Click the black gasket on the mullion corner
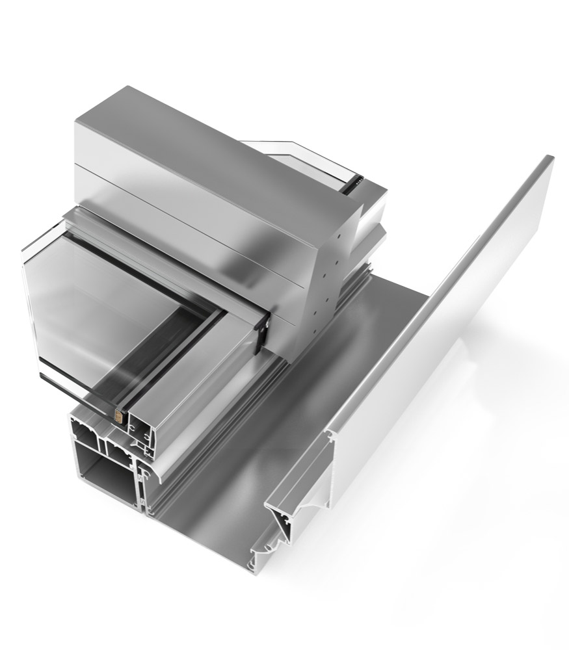coord(263,335)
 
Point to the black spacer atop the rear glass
coord(354,181)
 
